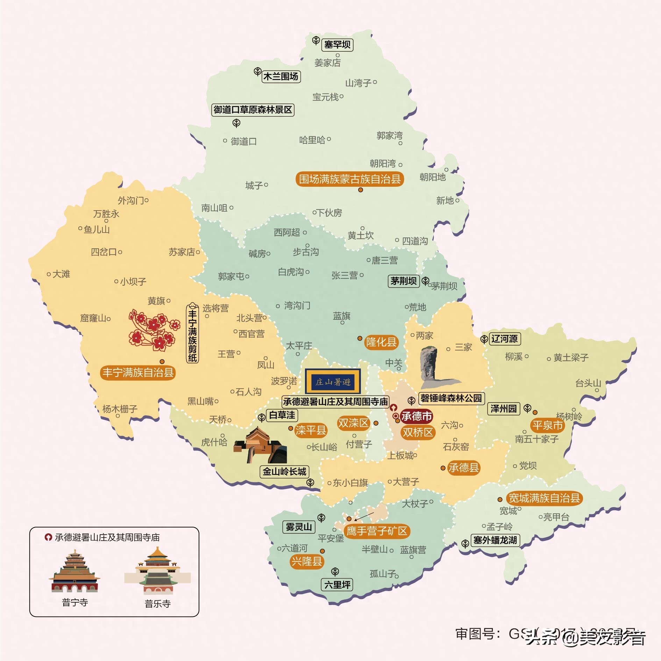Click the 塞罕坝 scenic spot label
[337, 45]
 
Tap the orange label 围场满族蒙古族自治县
[350, 179]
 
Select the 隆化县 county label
[381, 342]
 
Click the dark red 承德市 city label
[416, 417]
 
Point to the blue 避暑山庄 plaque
[333, 382]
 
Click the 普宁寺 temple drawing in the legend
[75, 571]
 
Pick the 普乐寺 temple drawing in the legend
[157, 571]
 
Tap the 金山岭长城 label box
[284, 472]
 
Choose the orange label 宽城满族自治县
[544, 498]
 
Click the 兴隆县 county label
[307, 562]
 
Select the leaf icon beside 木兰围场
[257, 72]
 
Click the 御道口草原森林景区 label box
[253, 110]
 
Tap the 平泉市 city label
[547, 425]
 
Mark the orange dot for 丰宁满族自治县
[162, 362]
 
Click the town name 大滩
[61, 274]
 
